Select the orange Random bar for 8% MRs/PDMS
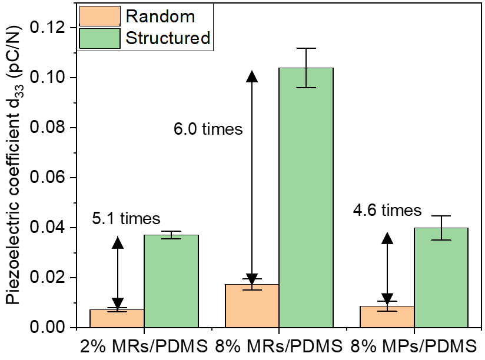click(x=252, y=306)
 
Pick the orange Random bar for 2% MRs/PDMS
click(x=117, y=318)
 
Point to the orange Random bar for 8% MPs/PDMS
click(x=387, y=316)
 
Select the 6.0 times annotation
click(x=208, y=129)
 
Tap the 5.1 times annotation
click(x=126, y=219)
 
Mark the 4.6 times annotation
click(x=387, y=210)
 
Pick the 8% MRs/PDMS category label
click(x=278, y=345)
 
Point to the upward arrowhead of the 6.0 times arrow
click(x=252, y=76)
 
